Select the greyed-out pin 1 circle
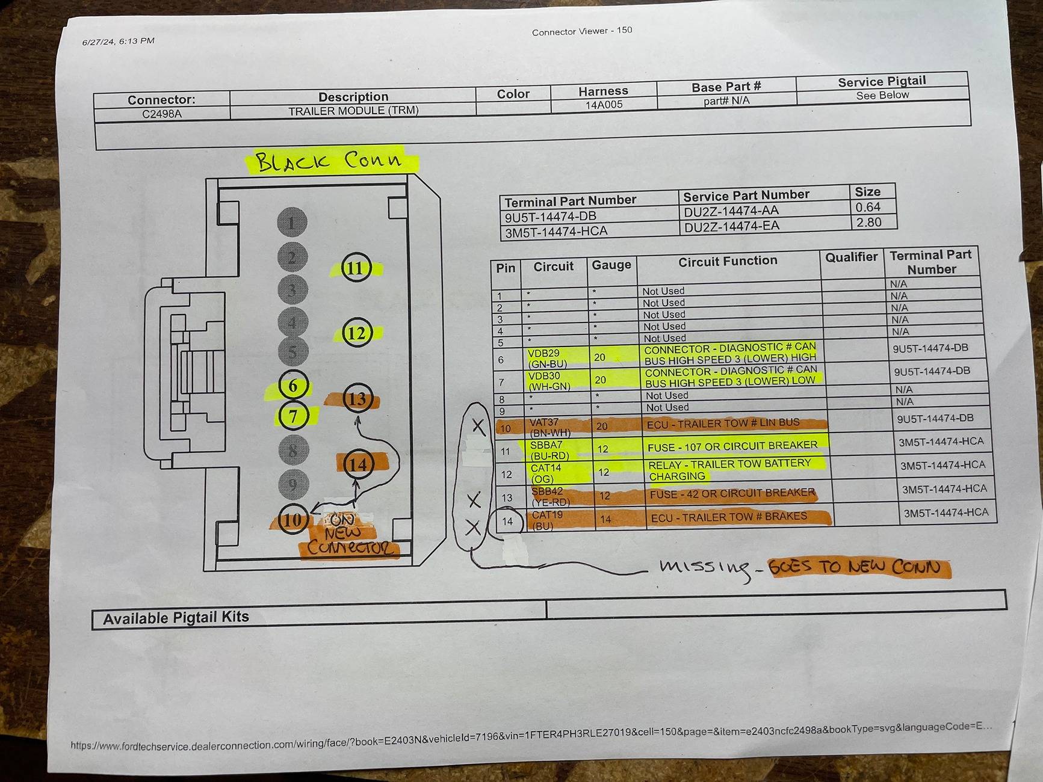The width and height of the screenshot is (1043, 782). point(292,223)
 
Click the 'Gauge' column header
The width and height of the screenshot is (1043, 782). point(611,265)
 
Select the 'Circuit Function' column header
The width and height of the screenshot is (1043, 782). point(728,261)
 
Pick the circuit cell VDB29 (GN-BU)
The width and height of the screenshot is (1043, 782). point(548,359)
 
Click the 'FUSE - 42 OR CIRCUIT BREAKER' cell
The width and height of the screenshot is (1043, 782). point(732,493)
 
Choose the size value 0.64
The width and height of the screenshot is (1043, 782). point(868,207)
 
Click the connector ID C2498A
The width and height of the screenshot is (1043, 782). point(162,114)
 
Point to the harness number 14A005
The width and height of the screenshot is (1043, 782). point(604,105)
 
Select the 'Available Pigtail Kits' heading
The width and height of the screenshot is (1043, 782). point(176,618)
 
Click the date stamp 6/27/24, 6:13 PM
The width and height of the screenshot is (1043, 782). point(119,42)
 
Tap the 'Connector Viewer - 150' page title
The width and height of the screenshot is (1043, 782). point(582,31)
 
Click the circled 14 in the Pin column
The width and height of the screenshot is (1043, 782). point(507,521)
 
